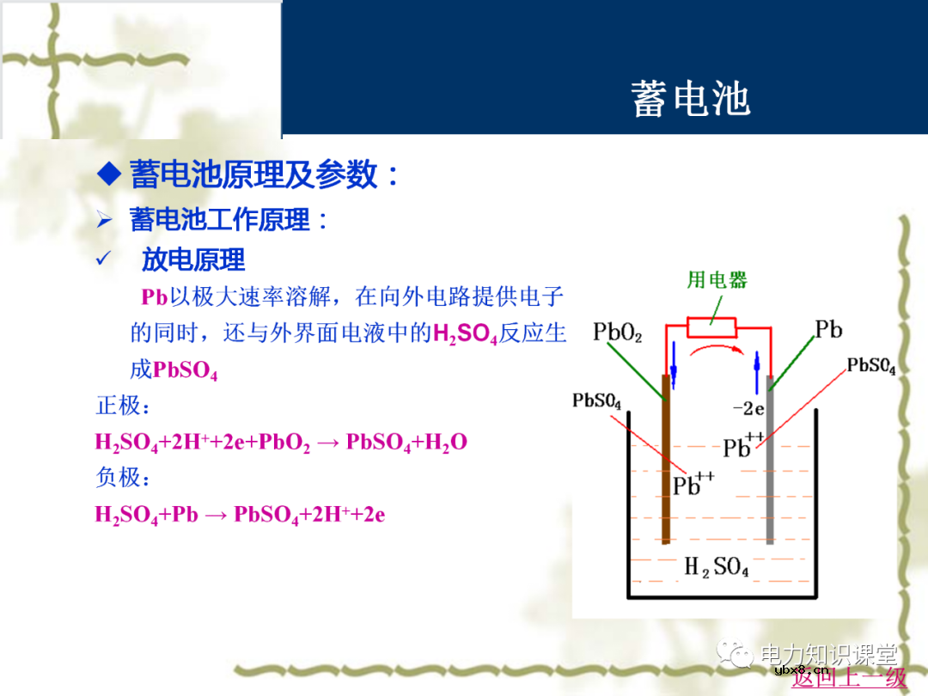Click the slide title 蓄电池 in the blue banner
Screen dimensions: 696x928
click(690, 98)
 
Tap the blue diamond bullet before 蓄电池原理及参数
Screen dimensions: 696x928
click(108, 174)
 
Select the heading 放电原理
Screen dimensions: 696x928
click(193, 259)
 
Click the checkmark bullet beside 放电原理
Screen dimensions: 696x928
click(105, 259)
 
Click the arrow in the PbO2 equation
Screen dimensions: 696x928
click(327, 443)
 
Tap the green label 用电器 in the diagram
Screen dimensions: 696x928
click(717, 279)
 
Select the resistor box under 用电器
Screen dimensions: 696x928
click(711, 327)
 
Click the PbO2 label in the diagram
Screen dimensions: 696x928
click(617, 333)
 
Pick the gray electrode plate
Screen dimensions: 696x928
click(770, 460)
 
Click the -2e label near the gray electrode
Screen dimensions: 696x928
click(748, 409)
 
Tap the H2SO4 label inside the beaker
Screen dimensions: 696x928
click(716, 567)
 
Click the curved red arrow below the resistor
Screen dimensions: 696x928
click(712, 350)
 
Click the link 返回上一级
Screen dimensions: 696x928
click(848, 678)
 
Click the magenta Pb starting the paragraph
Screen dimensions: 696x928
click(154, 297)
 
